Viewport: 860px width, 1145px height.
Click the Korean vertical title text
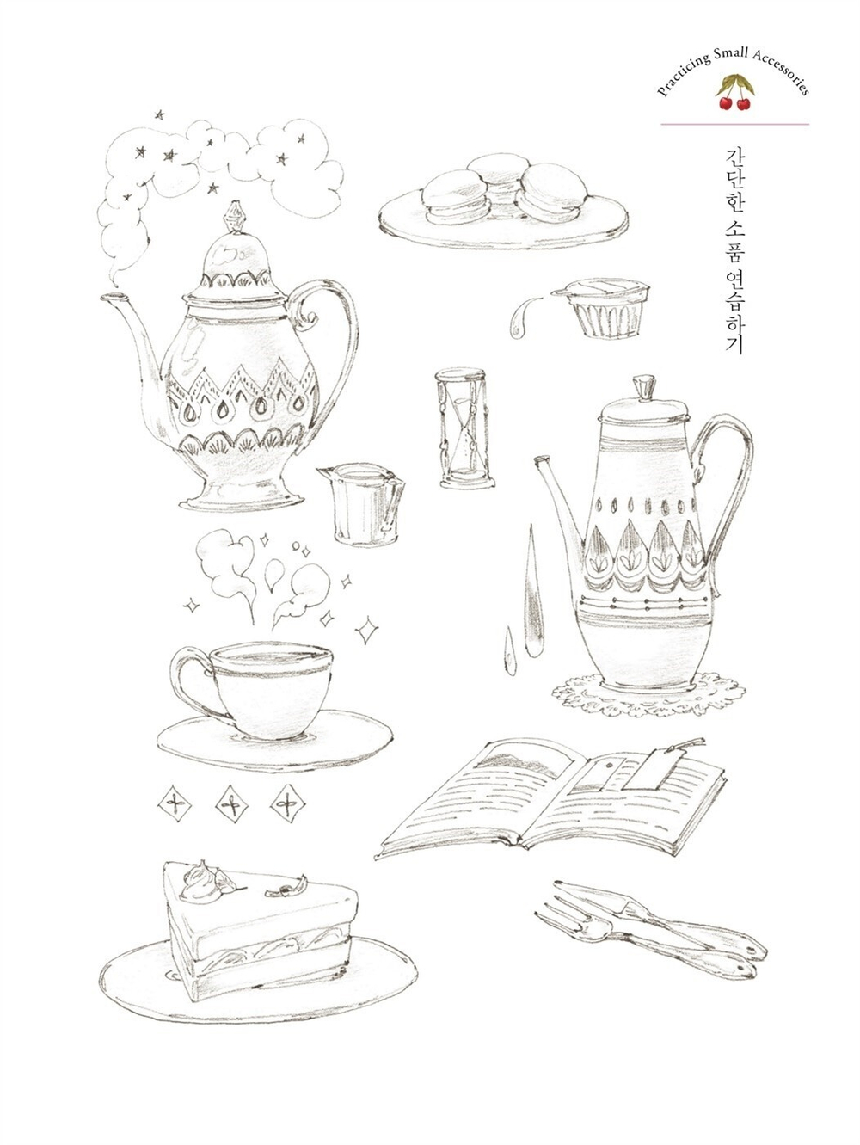tap(736, 249)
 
